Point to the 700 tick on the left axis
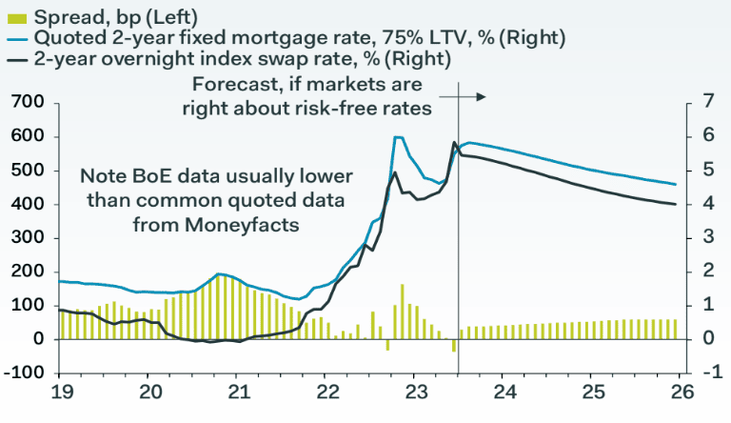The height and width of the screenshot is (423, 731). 27,102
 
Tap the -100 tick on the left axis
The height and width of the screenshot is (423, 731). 25,373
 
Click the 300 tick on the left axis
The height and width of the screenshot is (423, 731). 27,238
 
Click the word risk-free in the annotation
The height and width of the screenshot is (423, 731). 348,109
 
